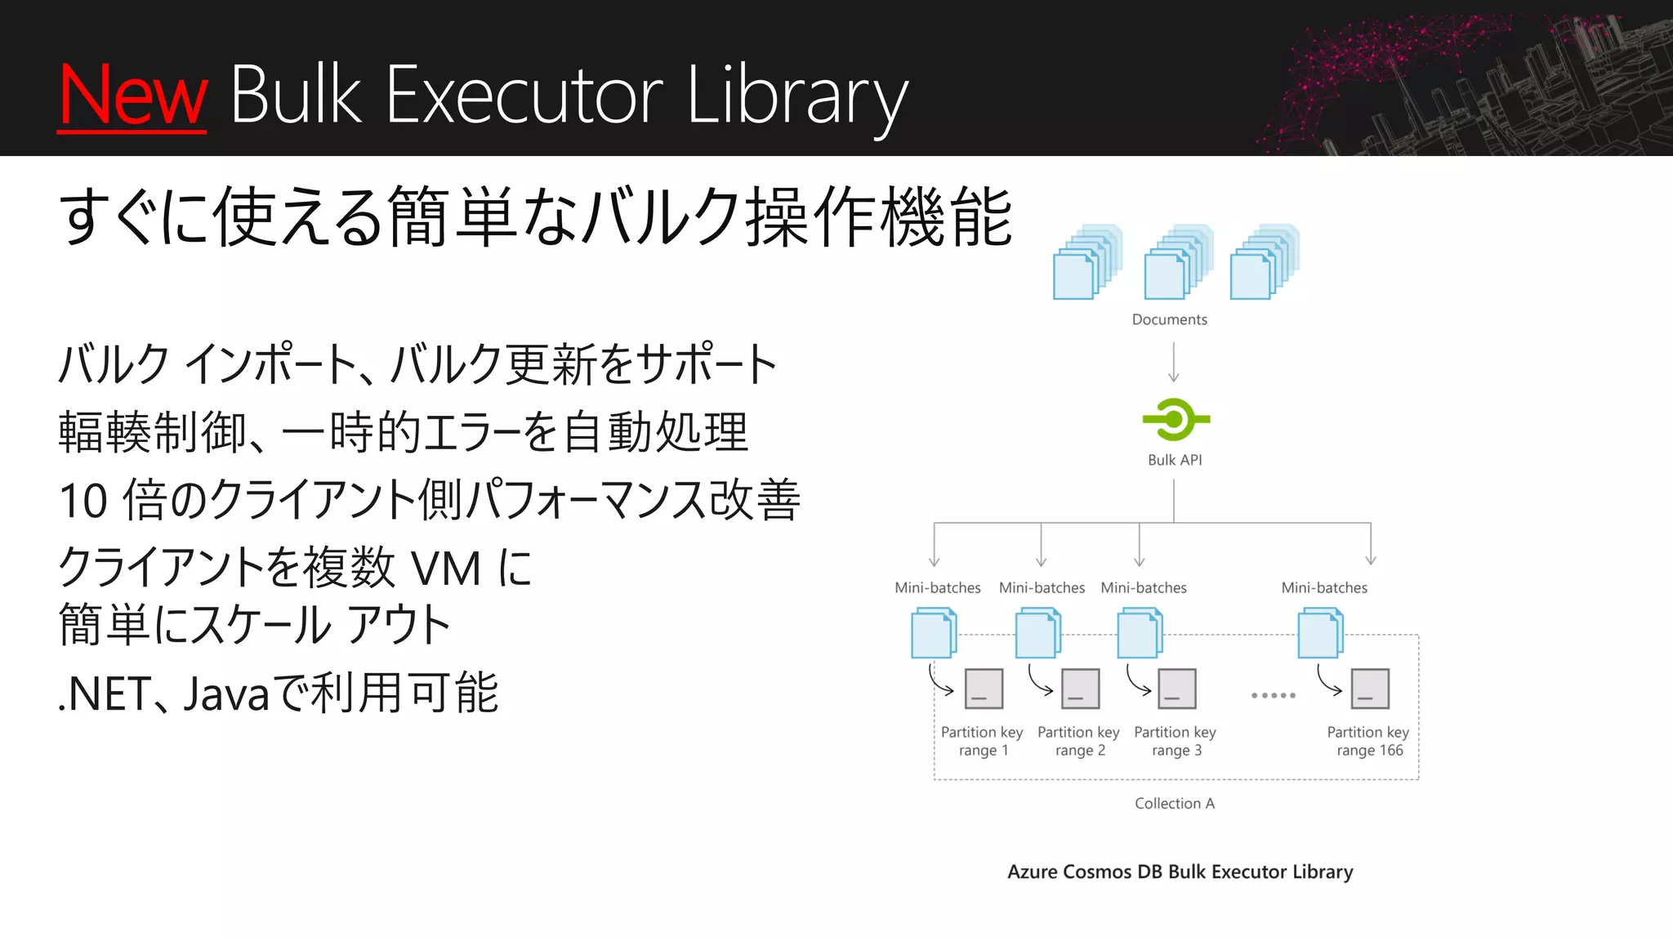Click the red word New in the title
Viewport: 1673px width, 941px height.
133,96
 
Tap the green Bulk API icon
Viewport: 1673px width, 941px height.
1175,420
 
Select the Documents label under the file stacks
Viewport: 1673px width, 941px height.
1169,319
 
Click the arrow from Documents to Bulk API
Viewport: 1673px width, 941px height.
1174,362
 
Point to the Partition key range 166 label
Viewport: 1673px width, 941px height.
1368,741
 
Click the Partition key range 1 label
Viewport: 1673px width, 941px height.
982,741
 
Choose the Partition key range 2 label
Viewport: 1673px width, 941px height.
1078,741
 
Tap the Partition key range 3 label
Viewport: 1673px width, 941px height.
1175,741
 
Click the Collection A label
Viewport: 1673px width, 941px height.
1175,804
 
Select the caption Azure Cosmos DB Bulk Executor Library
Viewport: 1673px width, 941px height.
1180,872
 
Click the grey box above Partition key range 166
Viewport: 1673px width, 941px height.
1370,689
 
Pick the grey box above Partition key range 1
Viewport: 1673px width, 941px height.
984,689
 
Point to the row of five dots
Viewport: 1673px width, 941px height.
1273,695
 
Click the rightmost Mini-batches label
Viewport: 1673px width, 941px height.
1324,587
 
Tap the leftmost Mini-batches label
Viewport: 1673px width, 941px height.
937,587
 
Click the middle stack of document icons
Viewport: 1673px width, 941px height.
1176,263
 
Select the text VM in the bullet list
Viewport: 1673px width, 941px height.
446,569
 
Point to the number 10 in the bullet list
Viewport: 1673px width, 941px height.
83,501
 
